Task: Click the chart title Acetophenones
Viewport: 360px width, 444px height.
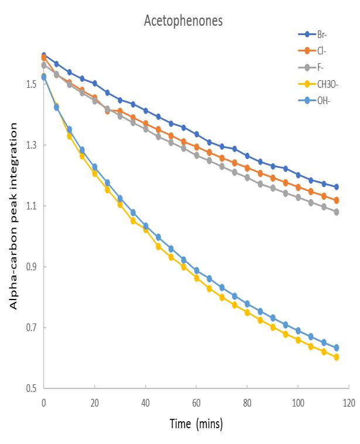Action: pos(183,22)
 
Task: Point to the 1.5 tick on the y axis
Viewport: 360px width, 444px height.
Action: pos(31,84)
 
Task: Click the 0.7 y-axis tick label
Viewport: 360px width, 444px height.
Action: pos(31,328)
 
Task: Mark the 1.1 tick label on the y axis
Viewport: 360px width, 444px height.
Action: pos(31,206)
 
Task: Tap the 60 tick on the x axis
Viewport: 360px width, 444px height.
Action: pos(196,403)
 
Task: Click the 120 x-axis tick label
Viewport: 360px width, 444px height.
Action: pos(349,403)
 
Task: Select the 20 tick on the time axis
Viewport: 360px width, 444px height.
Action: pos(94,403)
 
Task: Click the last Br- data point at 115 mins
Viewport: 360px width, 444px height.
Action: pos(336,187)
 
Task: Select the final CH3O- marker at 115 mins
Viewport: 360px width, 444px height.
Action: pos(336,357)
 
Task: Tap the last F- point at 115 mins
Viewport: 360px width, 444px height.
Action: pos(336,212)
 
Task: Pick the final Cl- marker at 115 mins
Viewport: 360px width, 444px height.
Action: pos(336,201)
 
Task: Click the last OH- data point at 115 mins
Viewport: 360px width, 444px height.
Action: pos(336,348)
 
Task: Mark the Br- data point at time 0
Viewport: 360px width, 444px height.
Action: pos(44,56)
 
